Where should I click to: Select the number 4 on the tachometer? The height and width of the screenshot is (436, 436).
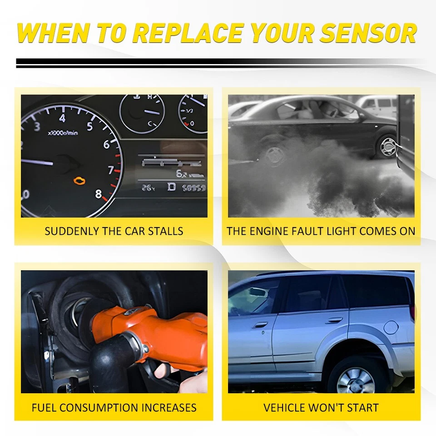coord(62,118)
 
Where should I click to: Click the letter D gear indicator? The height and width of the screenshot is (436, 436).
coord(172,187)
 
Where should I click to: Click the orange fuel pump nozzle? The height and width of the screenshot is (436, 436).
coord(150,332)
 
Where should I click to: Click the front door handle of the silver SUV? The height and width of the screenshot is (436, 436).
coord(261,325)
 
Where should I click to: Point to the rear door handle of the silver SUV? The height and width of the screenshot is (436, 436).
coord(334,320)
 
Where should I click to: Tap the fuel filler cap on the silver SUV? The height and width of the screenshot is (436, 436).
coord(391,327)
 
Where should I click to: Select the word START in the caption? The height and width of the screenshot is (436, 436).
coord(361,407)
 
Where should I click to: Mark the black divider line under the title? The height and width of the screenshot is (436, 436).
coord(218,63)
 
